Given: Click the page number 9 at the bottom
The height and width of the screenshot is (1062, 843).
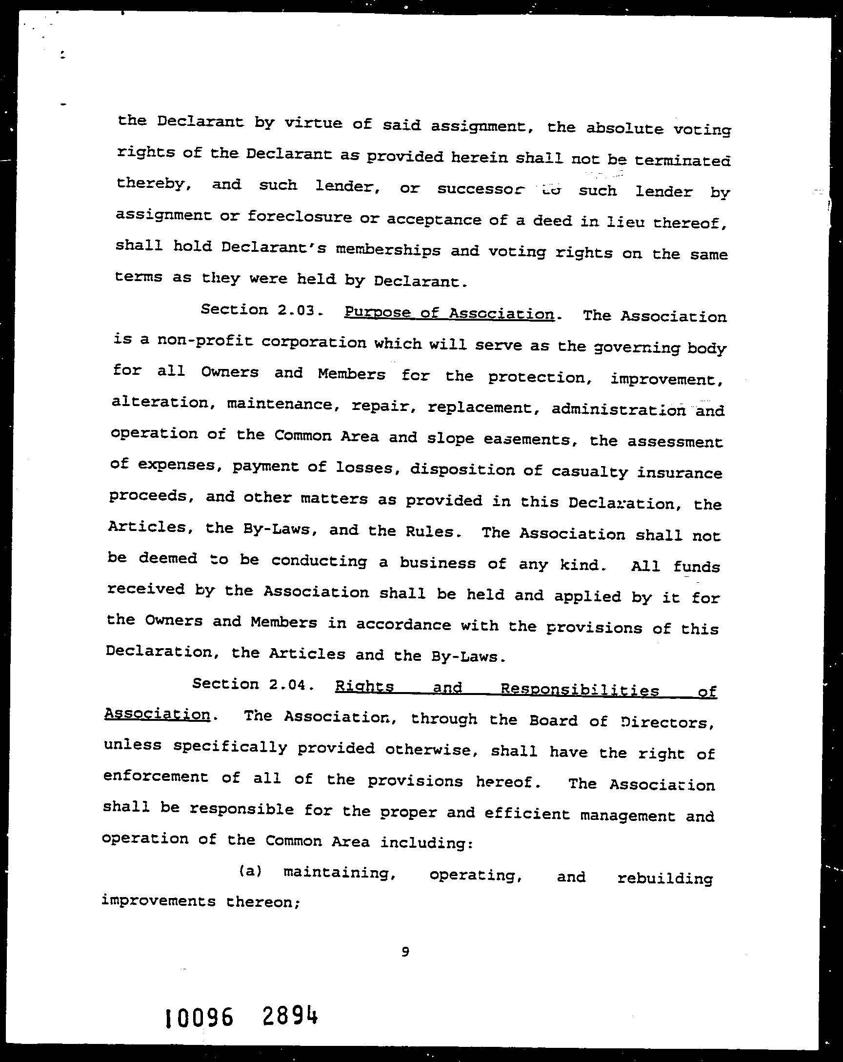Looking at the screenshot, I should [x=405, y=952].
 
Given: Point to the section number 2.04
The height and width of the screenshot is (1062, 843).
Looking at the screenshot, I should [x=288, y=684].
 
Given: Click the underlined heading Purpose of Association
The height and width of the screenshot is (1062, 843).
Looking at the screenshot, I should [x=449, y=313].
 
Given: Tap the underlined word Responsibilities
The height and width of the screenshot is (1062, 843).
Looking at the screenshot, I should [x=580, y=690].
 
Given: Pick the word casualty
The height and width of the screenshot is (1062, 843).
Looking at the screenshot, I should [x=589, y=471].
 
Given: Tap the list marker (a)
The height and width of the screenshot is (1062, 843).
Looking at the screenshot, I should [x=250, y=871].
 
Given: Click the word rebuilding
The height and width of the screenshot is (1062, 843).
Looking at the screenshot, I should [x=665, y=878].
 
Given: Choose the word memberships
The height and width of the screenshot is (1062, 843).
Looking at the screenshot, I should [x=388, y=249].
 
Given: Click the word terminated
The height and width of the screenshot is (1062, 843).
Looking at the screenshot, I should [x=682, y=161].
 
